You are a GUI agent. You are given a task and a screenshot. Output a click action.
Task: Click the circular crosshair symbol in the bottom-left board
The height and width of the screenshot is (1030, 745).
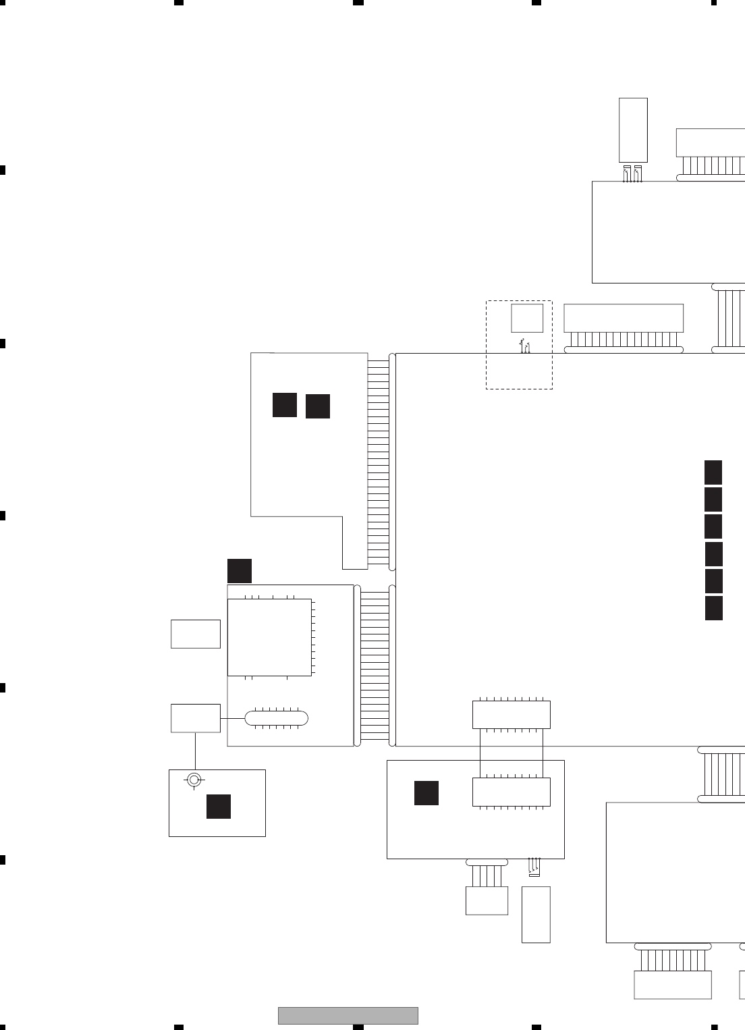194,780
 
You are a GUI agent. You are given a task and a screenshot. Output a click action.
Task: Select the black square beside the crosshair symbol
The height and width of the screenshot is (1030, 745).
219,807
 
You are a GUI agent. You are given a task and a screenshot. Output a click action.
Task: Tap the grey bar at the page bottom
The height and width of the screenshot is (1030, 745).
348,1015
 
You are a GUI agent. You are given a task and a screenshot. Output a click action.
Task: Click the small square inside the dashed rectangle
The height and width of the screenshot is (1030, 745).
527,318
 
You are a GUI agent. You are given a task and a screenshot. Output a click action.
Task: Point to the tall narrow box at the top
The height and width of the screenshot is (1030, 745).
633,130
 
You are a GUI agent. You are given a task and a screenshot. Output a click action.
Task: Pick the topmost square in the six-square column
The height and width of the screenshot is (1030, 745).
713,472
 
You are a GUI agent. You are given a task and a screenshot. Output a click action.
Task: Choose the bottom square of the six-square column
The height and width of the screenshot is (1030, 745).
713,607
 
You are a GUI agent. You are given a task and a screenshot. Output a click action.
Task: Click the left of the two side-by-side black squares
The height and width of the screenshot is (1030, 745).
285,404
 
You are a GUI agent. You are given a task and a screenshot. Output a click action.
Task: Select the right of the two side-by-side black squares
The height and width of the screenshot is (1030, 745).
318,406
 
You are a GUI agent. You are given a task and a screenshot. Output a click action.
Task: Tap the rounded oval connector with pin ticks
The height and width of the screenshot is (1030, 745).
276,718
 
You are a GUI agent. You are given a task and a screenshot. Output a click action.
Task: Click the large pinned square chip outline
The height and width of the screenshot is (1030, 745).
270,637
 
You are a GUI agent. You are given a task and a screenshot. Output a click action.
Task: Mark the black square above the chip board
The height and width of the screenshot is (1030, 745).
240,571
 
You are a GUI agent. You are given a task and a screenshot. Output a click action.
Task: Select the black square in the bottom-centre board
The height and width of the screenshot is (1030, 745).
426,793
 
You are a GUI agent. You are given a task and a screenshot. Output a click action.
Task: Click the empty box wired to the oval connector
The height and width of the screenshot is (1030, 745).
196,718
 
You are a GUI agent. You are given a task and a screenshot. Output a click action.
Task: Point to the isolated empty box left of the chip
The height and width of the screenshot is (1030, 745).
196,634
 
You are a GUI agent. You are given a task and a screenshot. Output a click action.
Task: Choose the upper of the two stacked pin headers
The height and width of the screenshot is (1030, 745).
512,715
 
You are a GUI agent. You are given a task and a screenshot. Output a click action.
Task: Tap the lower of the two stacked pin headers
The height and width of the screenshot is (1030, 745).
512,792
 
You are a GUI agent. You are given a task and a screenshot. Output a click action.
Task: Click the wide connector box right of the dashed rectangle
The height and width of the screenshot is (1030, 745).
624,318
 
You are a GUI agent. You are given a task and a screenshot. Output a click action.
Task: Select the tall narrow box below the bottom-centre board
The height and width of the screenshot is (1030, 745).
536,915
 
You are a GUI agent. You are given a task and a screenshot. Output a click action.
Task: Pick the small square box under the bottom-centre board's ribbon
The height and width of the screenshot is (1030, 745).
487,901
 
